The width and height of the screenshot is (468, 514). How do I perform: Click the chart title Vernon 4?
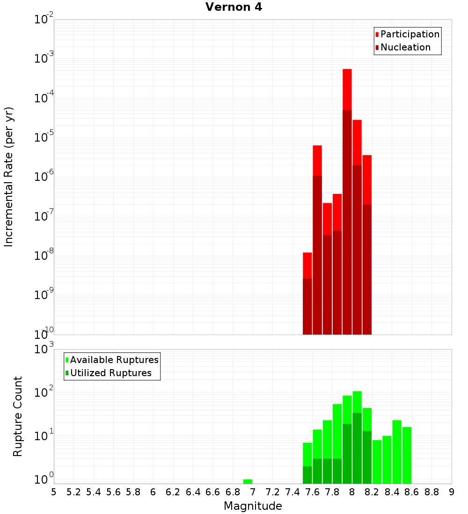234,7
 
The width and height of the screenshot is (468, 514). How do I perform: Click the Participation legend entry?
410,34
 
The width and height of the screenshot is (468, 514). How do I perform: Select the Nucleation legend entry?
405,47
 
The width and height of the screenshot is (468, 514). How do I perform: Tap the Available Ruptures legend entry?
114,360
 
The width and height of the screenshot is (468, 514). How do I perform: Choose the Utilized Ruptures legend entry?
110,373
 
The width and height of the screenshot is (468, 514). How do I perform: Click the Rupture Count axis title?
18,416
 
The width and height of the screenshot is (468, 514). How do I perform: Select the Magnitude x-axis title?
253,506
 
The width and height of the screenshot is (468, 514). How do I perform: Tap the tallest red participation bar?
347,89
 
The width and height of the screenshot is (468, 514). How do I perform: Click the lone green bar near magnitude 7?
248,481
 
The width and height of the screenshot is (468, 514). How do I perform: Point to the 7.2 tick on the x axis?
272,492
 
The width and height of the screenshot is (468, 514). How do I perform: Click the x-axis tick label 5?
54,492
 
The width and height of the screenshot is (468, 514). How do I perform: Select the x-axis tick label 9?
452,492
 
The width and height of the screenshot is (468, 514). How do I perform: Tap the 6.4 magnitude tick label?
193,492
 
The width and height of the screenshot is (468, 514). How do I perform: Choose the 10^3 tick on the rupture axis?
44,350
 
